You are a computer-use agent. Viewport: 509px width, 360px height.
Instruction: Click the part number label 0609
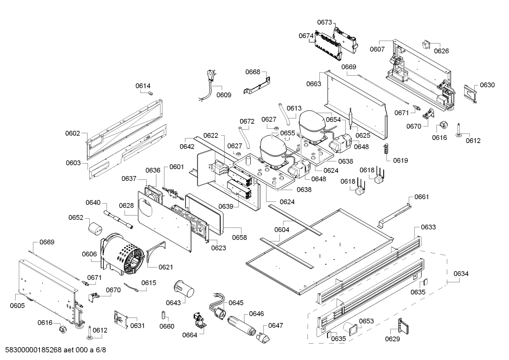(x=224, y=95)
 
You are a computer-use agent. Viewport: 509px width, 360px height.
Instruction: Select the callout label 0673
(x=324, y=22)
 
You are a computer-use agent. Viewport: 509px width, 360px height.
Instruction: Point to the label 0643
(x=173, y=302)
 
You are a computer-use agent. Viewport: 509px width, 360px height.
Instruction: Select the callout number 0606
(x=89, y=254)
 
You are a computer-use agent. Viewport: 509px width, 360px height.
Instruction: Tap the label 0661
(x=421, y=197)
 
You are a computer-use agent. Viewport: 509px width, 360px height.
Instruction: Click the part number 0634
(x=461, y=273)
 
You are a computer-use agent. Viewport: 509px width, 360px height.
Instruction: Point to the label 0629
(x=393, y=339)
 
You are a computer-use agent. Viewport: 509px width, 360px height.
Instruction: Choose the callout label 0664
(x=190, y=335)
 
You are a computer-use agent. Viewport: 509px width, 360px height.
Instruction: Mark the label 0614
(x=143, y=85)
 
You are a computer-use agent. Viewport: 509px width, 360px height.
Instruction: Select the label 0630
(x=487, y=85)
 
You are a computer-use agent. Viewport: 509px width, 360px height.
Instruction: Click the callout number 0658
(x=239, y=237)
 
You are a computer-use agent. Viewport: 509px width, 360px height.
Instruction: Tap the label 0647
(x=275, y=325)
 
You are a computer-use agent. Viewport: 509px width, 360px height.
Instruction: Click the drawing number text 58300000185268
(x=34, y=350)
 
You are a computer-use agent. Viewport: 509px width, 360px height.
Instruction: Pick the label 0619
(x=400, y=160)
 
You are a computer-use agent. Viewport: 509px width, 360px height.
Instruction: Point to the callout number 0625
(x=363, y=135)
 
